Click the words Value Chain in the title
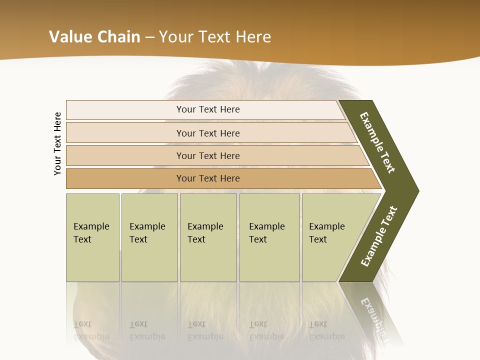pyautogui.click(x=94, y=37)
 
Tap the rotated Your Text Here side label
pyautogui.click(x=57, y=143)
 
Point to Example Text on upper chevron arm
pyautogui.click(x=377, y=142)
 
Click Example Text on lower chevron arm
pyautogui.click(x=379, y=236)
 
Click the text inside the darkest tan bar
pyautogui.click(x=208, y=178)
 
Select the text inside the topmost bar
pyautogui.click(x=208, y=109)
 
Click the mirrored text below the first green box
pyautogui.click(x=91, y=330)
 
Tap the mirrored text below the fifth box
pyautogui.click(x=327, y=330)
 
